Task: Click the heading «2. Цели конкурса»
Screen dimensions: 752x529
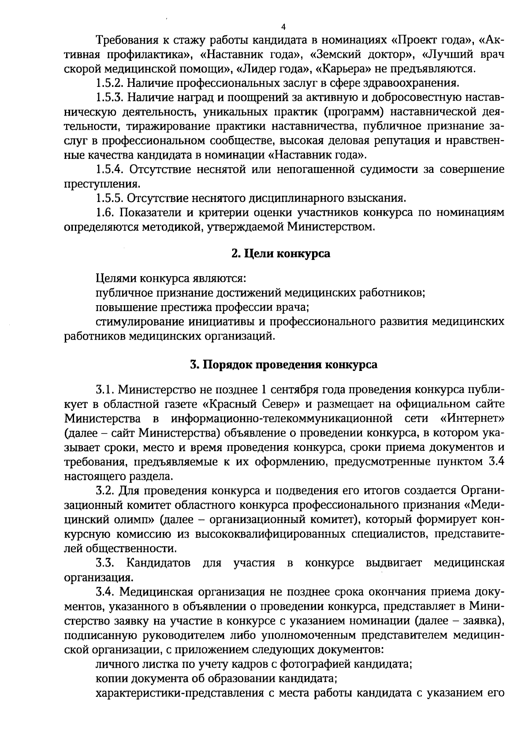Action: [281, 254]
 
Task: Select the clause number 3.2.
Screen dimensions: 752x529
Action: [105, 491]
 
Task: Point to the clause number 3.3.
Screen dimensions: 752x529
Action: [105, 563]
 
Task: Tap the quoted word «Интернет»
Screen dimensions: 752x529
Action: [472, 419]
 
